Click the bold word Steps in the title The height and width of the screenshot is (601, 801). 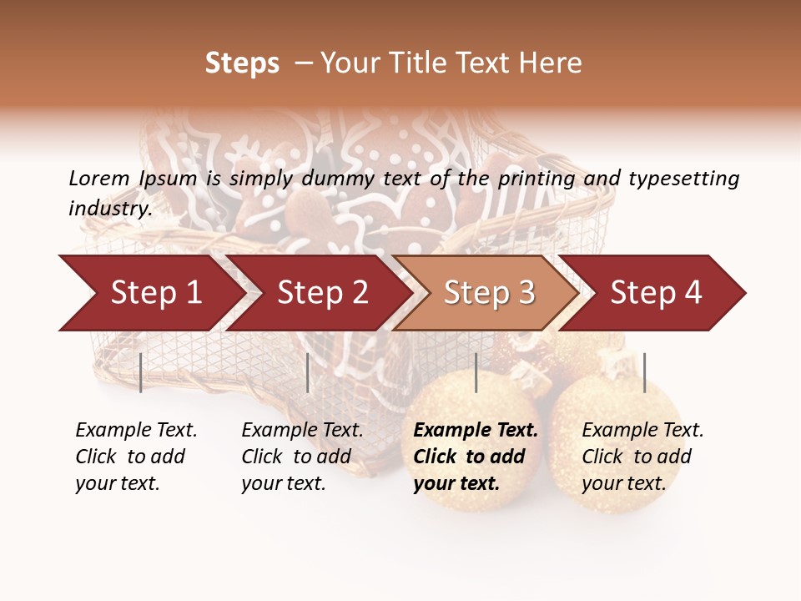242,63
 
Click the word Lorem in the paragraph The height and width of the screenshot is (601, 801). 98,178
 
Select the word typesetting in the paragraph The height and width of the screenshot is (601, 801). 683,178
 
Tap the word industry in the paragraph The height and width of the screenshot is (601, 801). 109,208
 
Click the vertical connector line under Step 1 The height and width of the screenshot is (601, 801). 140,372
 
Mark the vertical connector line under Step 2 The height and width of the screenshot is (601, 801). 308,372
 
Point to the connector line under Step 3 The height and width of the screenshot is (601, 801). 476,372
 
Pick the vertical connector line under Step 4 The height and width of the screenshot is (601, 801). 644,372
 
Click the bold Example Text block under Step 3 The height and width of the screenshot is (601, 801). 475,457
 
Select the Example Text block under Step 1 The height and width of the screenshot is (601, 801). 136,457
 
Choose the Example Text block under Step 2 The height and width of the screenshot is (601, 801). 302,457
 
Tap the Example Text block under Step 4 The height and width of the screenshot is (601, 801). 642,457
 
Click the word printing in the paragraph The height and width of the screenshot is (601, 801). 535,178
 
